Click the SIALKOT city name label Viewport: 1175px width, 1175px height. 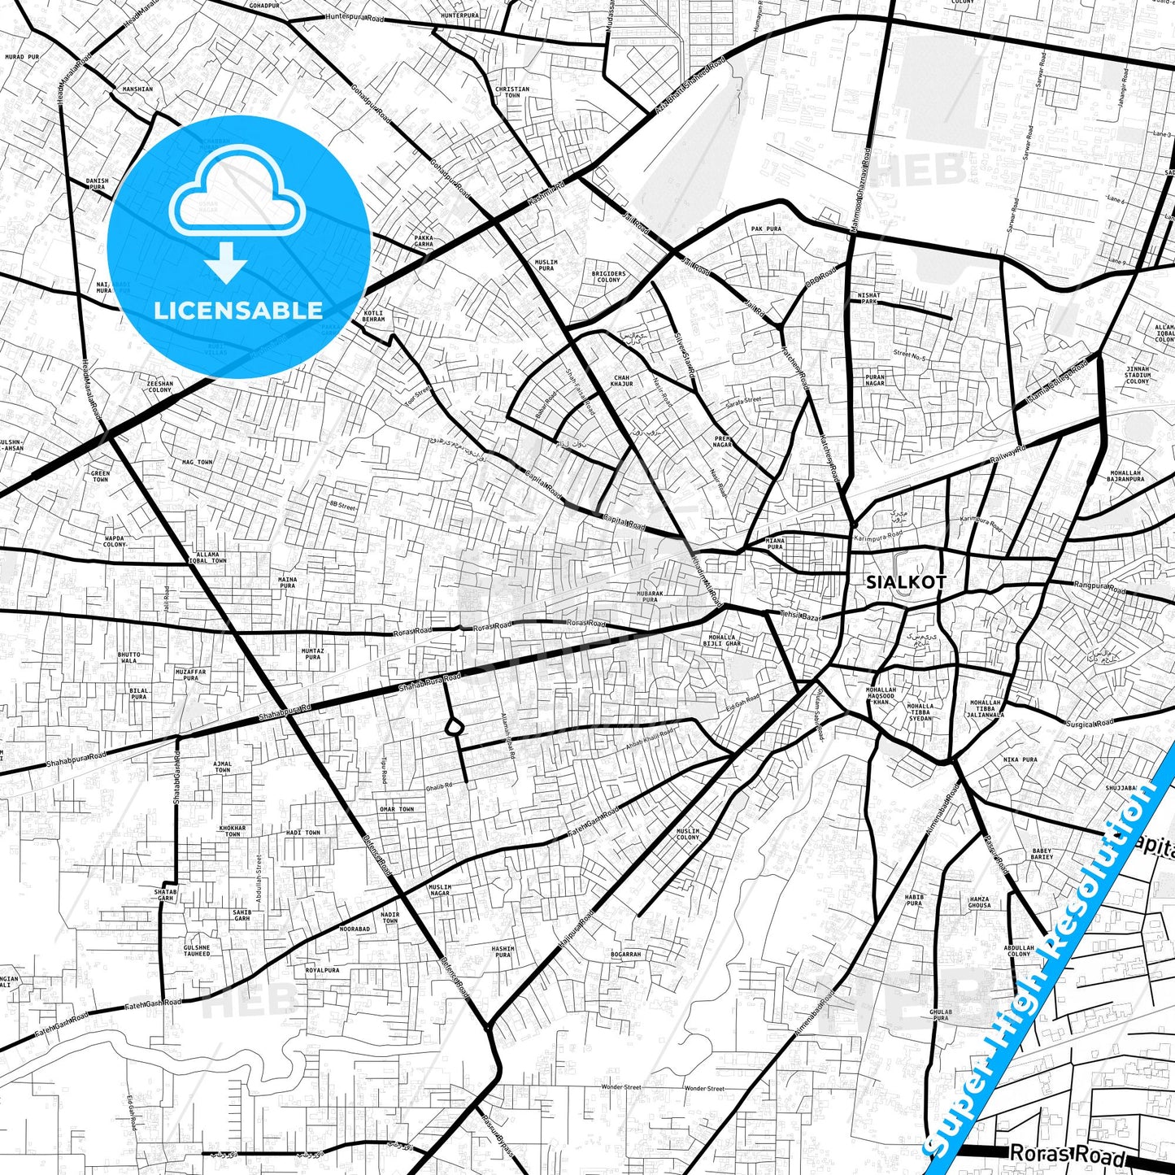[x=906, y=582]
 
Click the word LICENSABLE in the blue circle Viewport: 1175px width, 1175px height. [x=238, y=310]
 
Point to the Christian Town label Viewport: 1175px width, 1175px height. [x=511, y=92]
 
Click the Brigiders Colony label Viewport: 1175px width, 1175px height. [x=608, y=276]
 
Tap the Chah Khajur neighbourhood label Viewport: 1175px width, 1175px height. [x=621, y=381]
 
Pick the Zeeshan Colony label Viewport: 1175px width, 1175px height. [x=160, y=386]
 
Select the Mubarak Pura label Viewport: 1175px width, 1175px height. [x=649, y=596]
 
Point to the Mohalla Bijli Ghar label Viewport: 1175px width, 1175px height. [x=722, y=640]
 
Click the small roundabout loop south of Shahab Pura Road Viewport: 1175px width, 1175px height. [x=453, y=726]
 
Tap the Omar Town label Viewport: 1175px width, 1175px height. [x=397, y=809]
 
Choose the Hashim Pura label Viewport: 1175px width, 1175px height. [x=503, y=951]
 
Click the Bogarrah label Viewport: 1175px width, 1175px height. [x=625, y=954]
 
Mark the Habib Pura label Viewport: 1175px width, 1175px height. [x=914, y=900]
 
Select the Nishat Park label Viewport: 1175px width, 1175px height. [x=868, y=298]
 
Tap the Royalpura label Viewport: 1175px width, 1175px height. [x=322, y=970]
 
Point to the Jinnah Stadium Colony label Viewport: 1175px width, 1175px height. [x=1138, y=375]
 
